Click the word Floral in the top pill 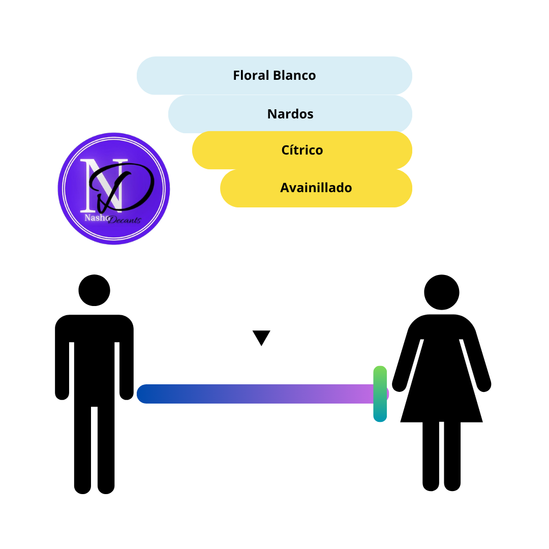click(251, 75)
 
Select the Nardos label click(290, 114)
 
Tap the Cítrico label click(302, 150)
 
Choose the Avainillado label click(316, 188)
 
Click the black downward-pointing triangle click(261, 337)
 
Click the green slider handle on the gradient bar click(380, 394)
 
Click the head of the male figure click(94, 290)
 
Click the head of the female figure click(442, 292)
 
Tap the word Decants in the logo click(125, 220)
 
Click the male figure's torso click(94, 360)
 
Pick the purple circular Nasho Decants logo click(114, 189)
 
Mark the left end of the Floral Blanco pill click(138, 76)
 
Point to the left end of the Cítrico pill click(193, 150)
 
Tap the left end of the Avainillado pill click(221, 188)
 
